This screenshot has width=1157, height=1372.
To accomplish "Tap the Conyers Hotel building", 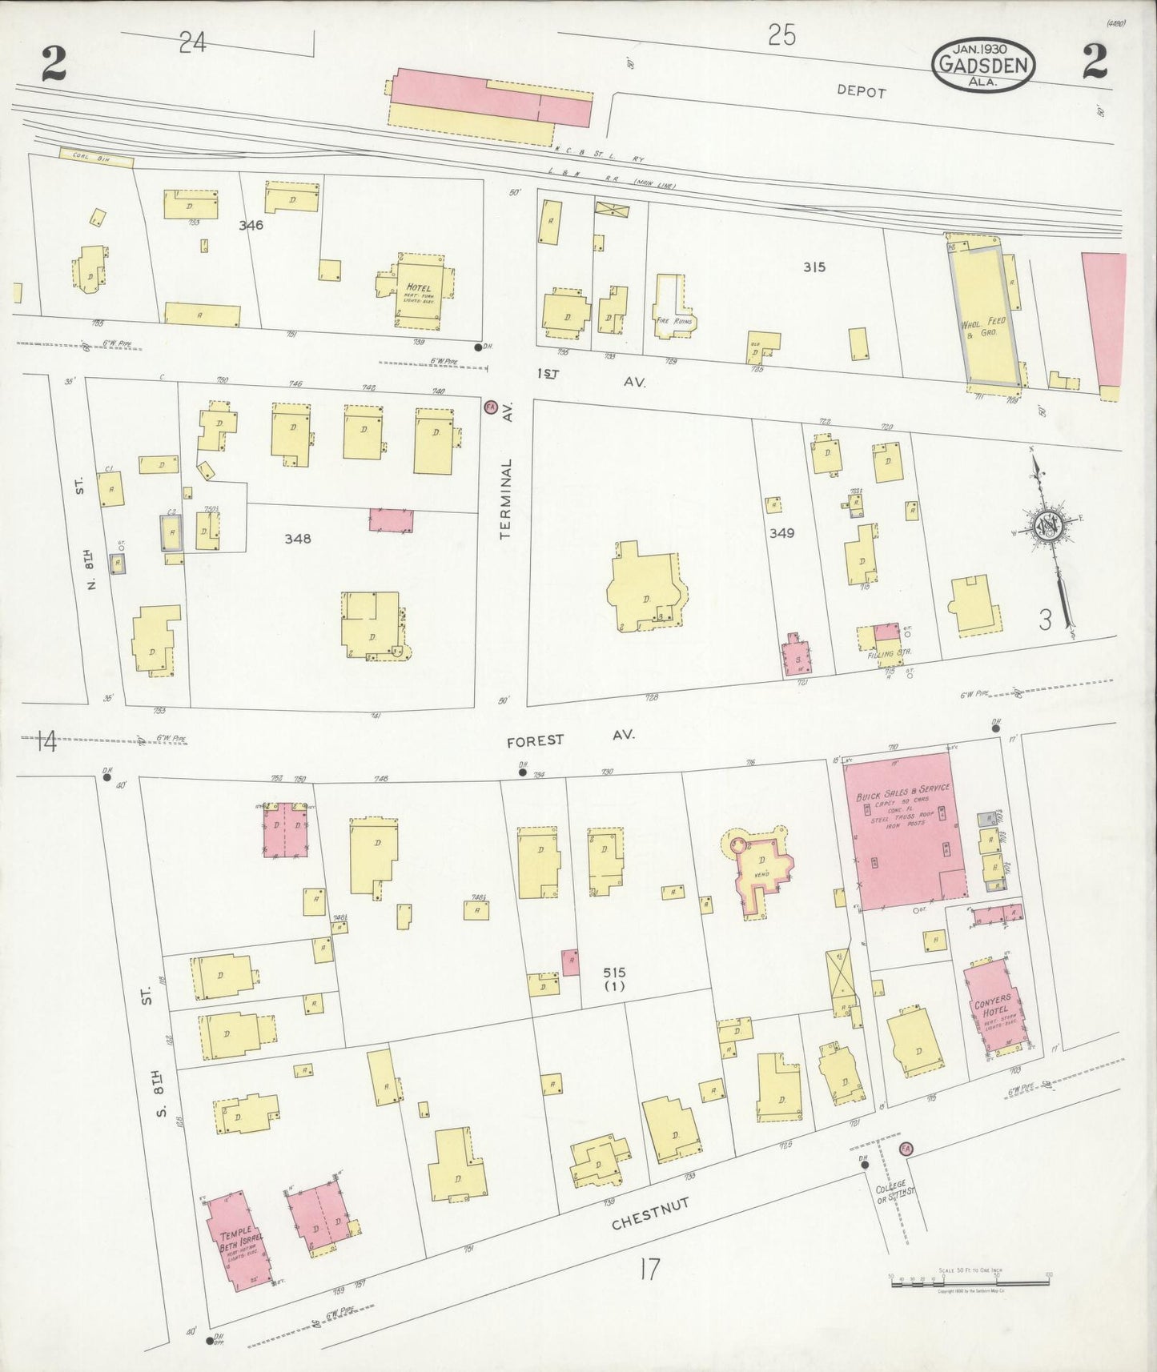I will tap(994, 1009).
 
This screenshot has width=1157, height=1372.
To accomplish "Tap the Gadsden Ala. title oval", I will tap(982, 64).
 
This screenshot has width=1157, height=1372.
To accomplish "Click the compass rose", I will tap(1047, 526).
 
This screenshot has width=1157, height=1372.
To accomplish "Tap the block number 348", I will tap(297, 539).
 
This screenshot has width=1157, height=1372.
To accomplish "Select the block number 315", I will tap(814, 267).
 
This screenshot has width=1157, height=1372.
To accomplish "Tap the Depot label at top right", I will tap(861, 91).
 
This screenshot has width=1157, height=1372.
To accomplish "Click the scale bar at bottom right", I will tap(969, 1282).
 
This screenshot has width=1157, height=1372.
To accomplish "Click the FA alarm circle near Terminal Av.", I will tap(490, 406).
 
